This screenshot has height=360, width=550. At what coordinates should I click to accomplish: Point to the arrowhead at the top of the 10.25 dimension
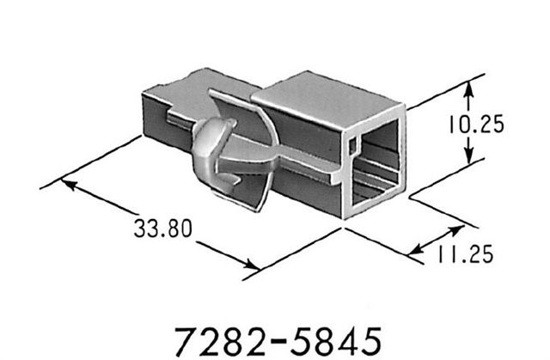[x=468, y=87]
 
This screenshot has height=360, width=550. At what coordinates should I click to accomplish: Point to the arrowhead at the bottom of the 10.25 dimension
[x=468, y=164]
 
